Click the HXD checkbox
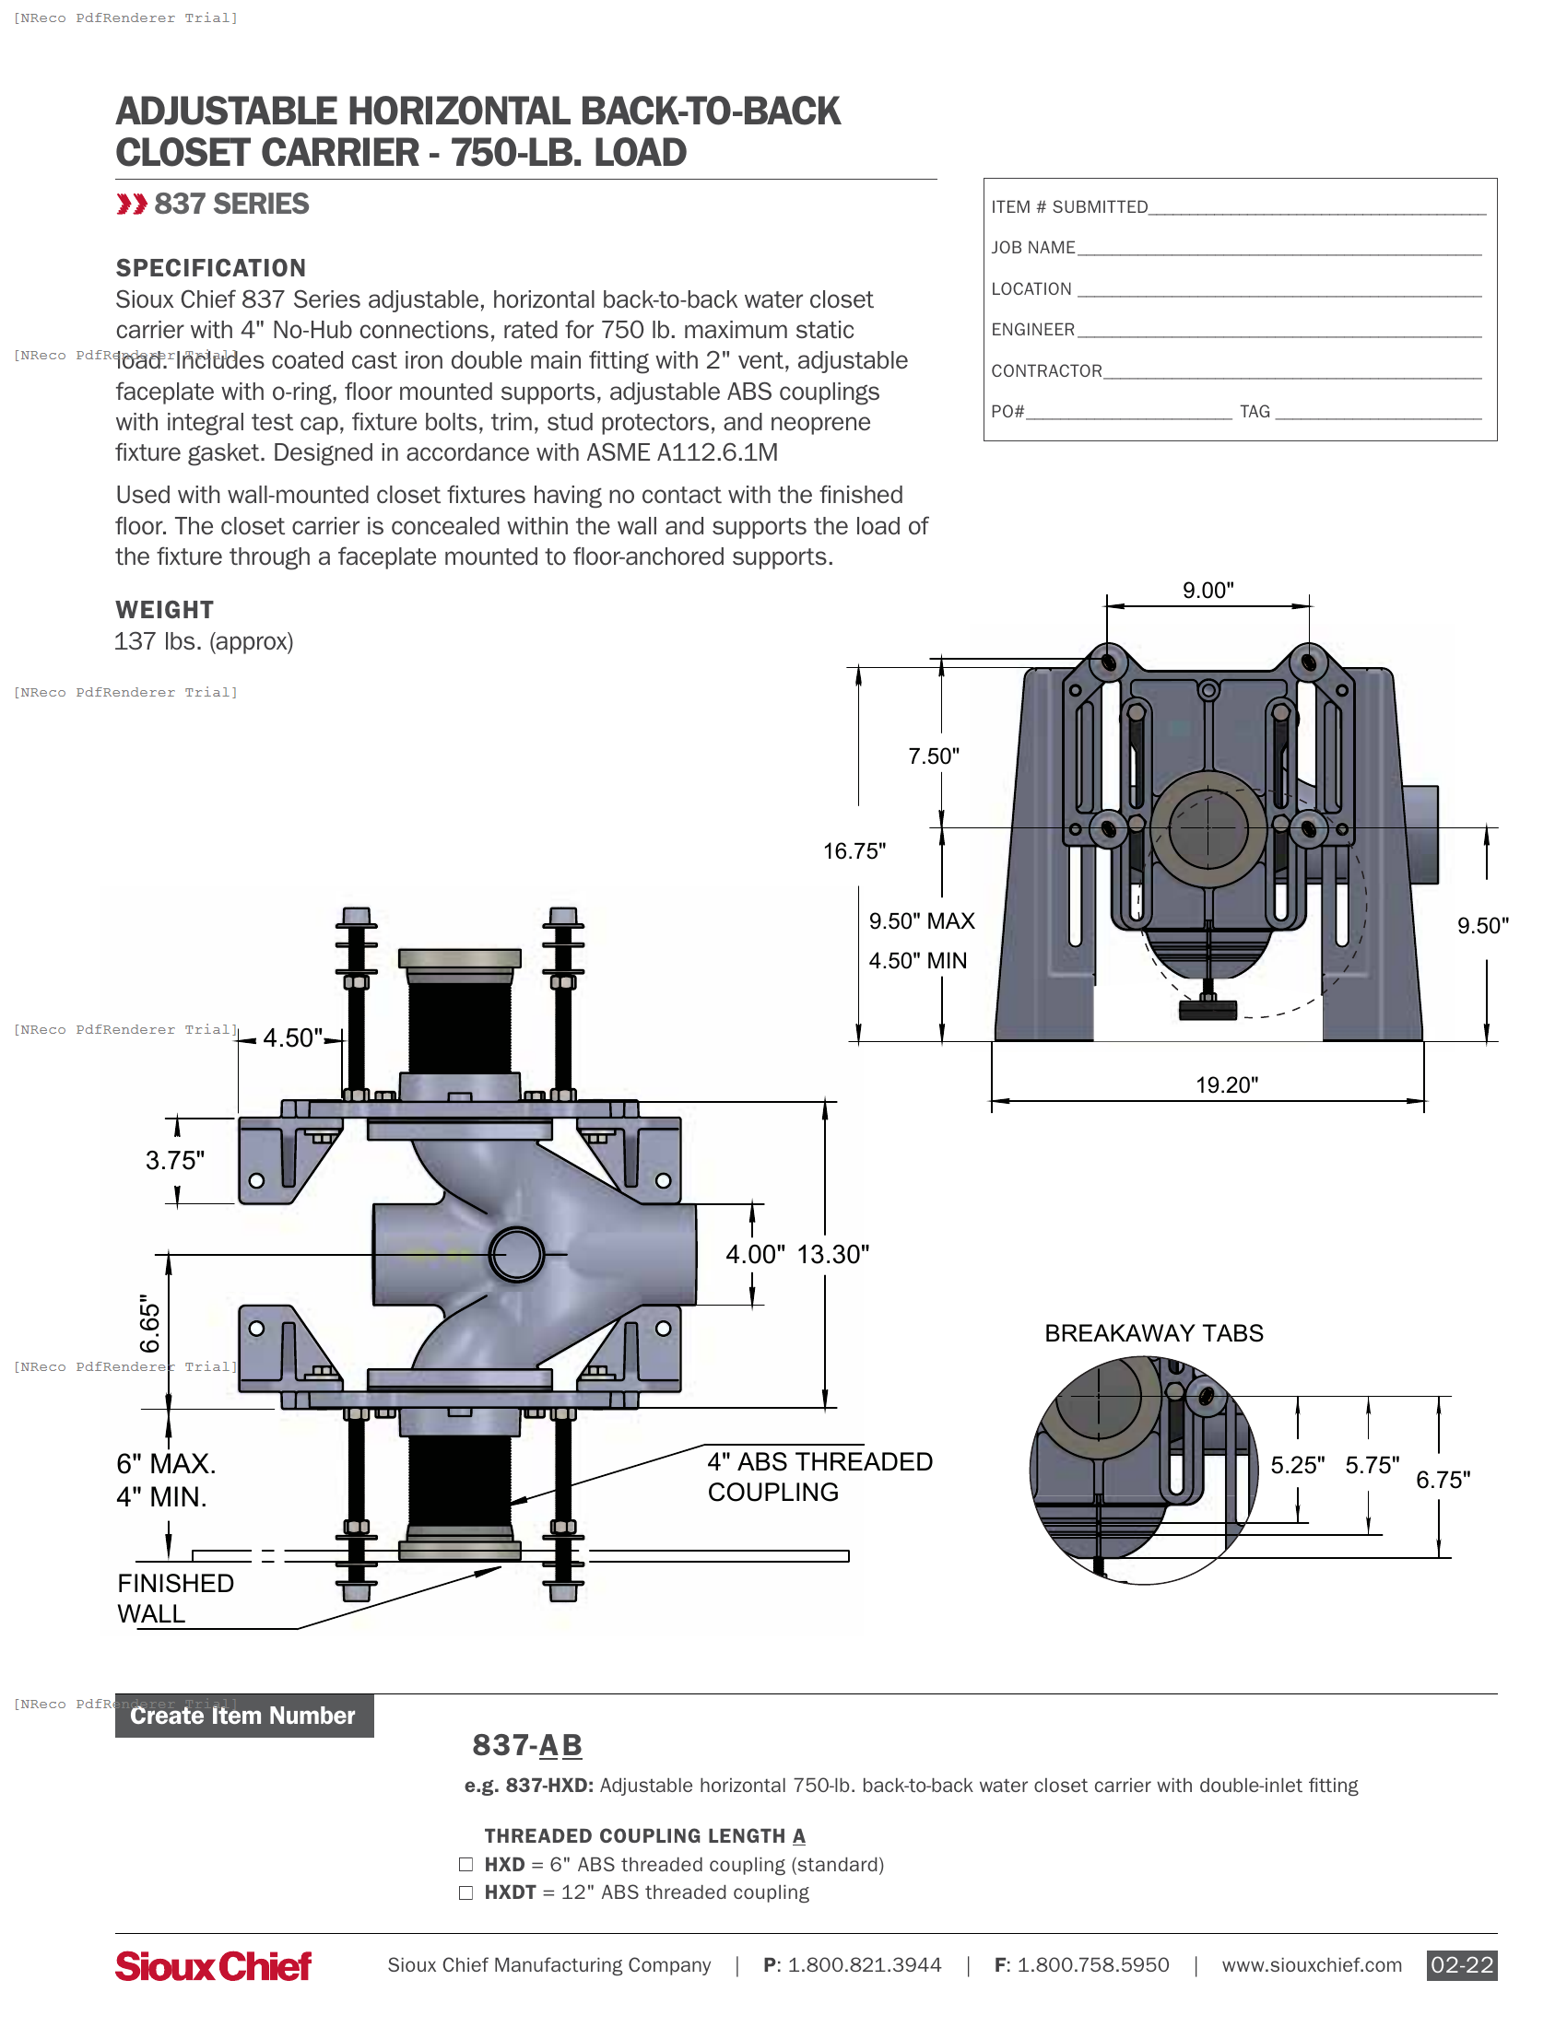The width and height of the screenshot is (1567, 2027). point(466,1865)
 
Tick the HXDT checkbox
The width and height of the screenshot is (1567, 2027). point(466,1892)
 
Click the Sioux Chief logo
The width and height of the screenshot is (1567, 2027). point(213,1966)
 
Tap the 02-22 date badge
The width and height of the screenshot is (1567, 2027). point(1461,1965)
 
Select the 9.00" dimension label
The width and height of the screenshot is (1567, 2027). point(1208,591)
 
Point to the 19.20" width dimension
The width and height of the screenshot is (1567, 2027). point(1226,1085)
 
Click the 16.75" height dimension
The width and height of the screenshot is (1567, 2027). point(854,851)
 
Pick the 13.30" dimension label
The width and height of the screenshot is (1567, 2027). point(832,1255)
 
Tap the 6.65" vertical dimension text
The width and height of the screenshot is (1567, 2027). point(150,1323)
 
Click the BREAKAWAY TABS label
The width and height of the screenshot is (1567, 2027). point(1154,1334)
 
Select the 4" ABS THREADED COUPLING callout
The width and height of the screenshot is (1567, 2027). point(819,1477)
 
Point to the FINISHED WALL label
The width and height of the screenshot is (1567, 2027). point(174,1599)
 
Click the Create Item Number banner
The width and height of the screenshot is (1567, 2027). point(243,1716)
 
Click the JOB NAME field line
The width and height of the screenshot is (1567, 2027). point(1278,249)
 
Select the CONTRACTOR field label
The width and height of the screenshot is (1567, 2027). point(1046,371)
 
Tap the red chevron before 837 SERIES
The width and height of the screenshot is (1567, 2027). point(132,205)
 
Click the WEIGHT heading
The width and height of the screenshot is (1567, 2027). point(164,610)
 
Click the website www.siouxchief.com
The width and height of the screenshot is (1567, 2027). point(1311,1965)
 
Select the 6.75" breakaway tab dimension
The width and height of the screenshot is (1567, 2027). point(1443,1481)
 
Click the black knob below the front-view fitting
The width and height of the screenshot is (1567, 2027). point(1208,1010)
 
